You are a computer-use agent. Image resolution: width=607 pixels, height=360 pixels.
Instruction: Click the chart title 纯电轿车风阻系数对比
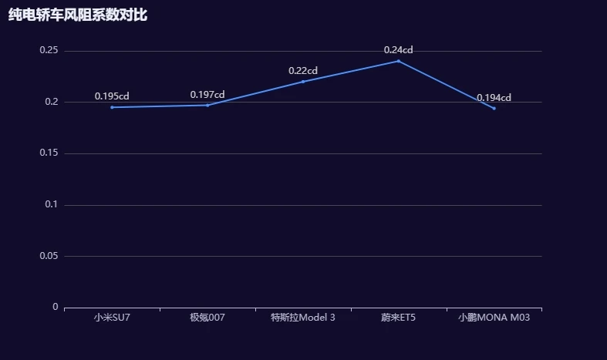(x=77, y=15)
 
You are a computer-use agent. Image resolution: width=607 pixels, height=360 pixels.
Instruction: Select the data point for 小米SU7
(x=112, y=107)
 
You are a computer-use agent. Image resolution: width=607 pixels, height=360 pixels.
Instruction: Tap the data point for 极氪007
(x=207, y=105)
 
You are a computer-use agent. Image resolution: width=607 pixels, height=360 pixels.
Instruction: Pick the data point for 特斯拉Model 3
(x=303, y=82)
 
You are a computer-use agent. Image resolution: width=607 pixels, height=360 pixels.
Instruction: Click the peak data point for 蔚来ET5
(x=399, y=61)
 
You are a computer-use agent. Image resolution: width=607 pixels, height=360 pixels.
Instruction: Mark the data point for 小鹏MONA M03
(x=494, y=108)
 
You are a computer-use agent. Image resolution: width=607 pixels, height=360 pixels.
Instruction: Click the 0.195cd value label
(x=112, y=96)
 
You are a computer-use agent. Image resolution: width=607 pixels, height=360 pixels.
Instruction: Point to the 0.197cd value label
(x=207, y=95)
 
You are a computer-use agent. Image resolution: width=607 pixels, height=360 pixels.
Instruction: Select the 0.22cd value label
(x=303, y=71)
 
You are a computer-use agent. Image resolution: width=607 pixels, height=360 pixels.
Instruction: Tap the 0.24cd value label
(x=399, y=50)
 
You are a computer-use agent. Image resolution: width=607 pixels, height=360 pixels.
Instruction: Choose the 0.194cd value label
(x=494, y=98)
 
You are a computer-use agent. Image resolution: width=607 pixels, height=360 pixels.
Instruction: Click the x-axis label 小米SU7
(x=112, y=318)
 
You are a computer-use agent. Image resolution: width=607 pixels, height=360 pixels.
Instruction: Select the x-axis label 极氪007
(x=207, y=318)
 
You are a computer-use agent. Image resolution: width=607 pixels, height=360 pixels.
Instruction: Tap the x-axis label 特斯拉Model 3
(x=303, y=318)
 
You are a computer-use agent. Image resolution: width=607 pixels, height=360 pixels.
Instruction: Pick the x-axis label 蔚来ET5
(x=399, y=318)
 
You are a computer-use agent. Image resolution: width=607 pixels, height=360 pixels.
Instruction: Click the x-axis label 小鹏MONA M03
(x=494, y=318)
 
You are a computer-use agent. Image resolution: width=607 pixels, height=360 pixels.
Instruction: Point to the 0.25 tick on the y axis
(x=49, y=51)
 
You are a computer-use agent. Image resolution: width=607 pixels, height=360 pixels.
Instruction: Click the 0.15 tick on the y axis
(x=49, y=153)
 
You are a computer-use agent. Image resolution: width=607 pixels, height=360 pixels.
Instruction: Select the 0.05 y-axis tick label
(x=49, y=256)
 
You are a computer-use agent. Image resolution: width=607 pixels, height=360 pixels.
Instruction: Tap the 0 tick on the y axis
(x=56, y=307)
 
